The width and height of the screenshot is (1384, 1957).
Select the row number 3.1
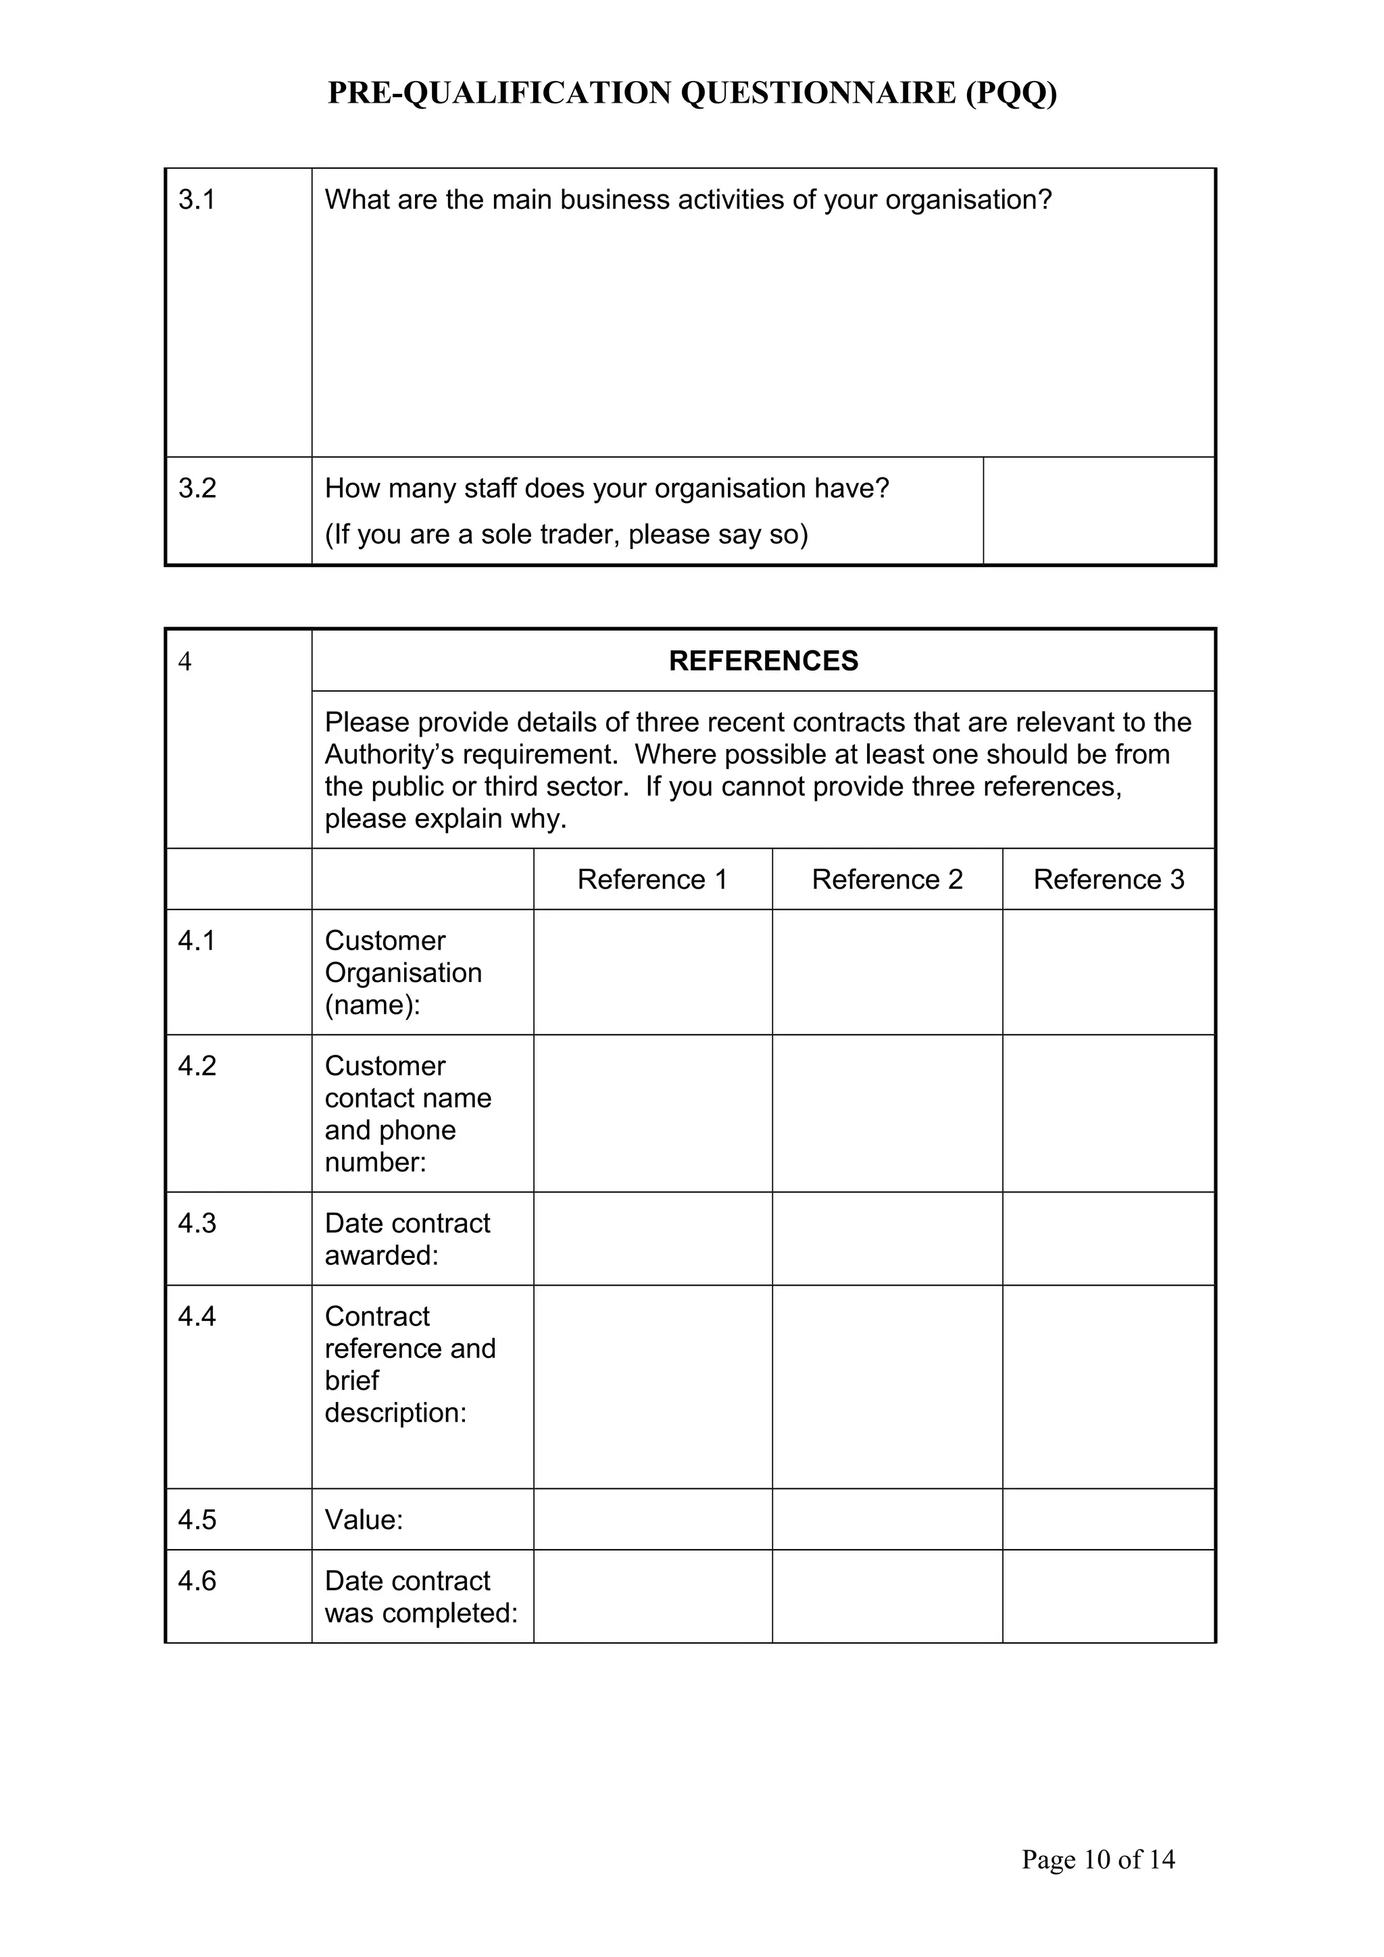(196, 201)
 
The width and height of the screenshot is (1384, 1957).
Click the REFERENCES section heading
(763, 660)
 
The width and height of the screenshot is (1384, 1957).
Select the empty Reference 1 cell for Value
(652, 1519)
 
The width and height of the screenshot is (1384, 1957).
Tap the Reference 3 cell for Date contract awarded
(1108, 1238)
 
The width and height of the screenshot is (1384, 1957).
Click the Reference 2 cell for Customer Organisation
(887, 972)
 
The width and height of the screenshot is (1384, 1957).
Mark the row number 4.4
(196, 1317)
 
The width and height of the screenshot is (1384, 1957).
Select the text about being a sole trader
(566, 534)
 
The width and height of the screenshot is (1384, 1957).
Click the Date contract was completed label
(420, 1596)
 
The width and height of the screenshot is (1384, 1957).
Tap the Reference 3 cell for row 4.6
(1108, 1596)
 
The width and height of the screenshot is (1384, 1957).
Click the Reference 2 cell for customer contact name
(887, 1113)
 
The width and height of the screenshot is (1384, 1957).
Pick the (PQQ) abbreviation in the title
(1012, 94)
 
